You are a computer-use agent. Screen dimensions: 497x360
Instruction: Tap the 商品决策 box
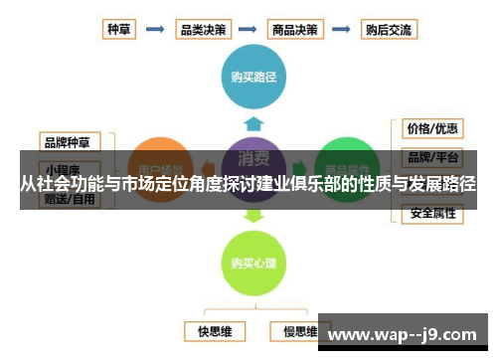point(296,30)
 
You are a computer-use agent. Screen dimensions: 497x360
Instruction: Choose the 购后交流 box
point(389,30)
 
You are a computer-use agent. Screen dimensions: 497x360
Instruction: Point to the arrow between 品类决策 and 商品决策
point(248,30)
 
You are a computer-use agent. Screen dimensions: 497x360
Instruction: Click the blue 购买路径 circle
point(253,77)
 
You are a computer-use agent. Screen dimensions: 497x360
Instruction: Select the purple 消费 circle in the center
point(253,159)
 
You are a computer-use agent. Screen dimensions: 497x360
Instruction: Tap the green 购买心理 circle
point(253,263)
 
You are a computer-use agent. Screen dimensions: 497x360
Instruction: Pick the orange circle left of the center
point(160,164)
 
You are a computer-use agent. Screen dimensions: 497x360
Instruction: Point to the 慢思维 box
point(296,329)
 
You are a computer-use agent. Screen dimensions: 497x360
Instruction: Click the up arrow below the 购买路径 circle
point(253,122)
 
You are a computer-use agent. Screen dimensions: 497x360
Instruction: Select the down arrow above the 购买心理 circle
point(253,213)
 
